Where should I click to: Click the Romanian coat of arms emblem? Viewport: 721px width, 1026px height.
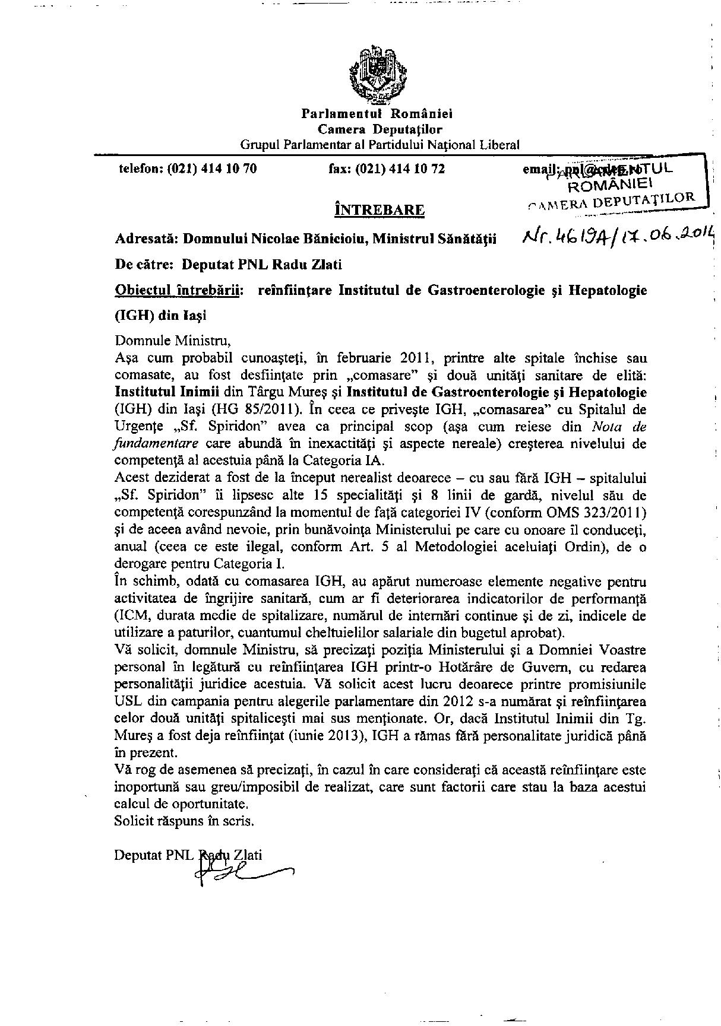pos(377,75)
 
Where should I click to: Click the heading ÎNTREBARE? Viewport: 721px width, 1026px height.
pos(380,209)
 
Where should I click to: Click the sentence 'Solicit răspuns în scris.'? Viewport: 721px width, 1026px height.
pos(184,822)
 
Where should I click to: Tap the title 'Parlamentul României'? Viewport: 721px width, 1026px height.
pos(377,114)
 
